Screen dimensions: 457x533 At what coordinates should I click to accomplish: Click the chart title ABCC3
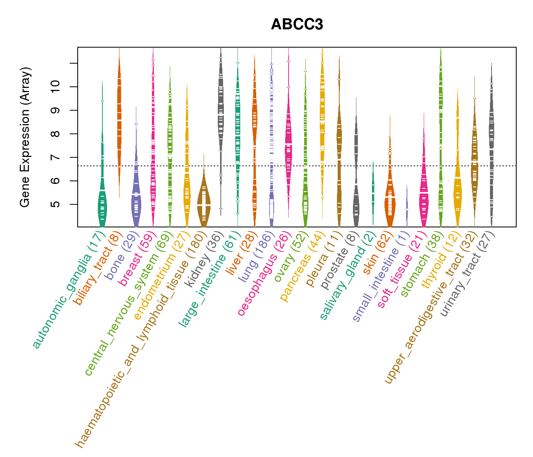click(297, 25)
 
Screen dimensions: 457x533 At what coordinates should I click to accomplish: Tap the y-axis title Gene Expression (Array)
click(25, 137)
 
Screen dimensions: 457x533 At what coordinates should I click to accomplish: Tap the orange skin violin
click(389, 202)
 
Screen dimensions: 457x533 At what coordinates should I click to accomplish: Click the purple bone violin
click(136, 198)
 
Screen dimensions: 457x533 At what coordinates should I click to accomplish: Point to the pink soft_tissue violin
click(424, 194)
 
